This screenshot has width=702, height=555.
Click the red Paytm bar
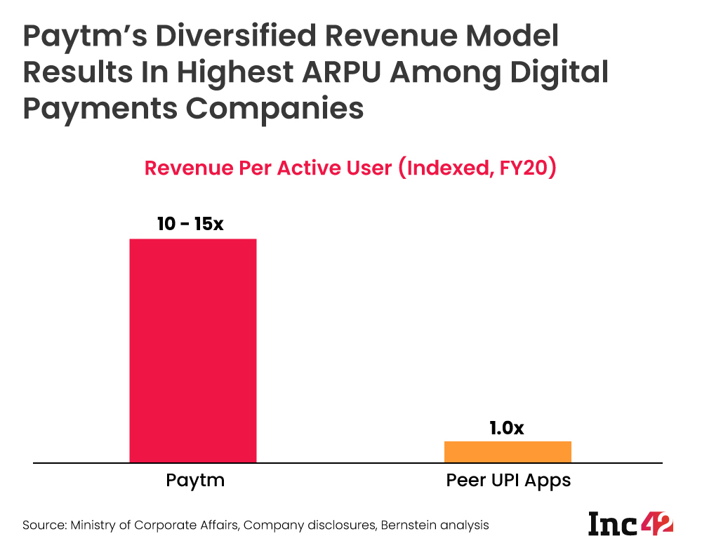click(193, 351)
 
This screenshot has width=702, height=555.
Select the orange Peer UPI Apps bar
click(508, 452)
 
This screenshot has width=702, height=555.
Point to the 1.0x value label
click(507, 427)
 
